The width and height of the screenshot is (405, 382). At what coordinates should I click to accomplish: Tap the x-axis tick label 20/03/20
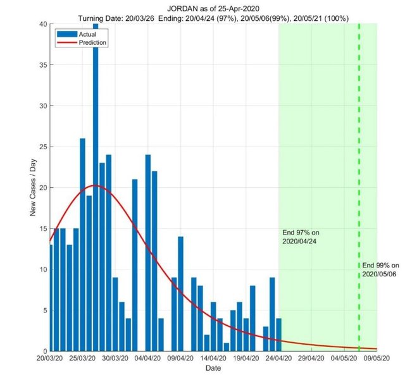49,358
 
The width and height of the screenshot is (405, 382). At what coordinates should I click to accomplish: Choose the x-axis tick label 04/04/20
147,358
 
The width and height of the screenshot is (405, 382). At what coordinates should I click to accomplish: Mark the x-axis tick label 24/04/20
278,358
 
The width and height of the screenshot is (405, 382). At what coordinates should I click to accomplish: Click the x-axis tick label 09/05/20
377,358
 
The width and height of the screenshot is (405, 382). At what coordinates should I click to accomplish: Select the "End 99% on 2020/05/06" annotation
380,269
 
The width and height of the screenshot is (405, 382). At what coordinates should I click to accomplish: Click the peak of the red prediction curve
95,185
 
